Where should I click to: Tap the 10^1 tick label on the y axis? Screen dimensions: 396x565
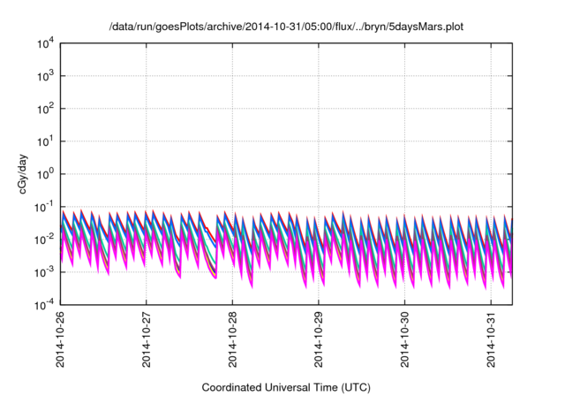45,141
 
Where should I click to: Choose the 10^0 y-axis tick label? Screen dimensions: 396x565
45,174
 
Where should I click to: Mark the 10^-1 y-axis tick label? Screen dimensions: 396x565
44,207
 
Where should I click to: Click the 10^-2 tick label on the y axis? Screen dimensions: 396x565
44,240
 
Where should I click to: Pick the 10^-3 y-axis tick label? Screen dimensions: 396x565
44,272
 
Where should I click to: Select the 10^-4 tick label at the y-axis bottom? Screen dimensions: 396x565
44,305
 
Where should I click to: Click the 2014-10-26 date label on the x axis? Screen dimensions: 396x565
59,340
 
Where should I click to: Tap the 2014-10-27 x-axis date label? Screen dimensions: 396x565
146,340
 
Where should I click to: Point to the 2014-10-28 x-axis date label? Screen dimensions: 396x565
232,340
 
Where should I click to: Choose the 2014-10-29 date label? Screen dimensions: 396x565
319,340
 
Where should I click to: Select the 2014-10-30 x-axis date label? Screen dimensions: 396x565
405,340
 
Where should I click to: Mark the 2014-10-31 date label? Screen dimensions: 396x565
492,340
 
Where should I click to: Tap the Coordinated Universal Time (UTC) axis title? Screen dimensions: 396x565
284,387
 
